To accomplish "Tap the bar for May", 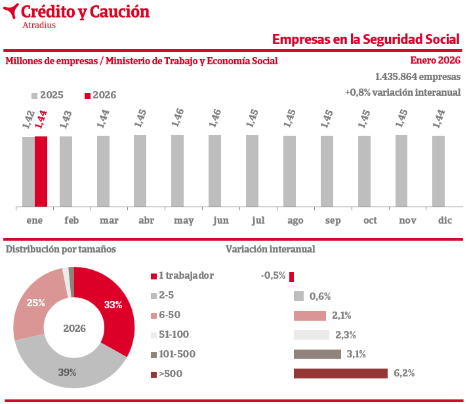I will (177, 171).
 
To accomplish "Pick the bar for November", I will (401, 171).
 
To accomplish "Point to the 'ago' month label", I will (295, 220).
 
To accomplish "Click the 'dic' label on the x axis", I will (445, 220).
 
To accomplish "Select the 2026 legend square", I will (88, 95).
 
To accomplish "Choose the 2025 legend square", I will (35, 95).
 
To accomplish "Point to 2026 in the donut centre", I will (75, 328).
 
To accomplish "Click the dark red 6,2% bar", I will (340, 374).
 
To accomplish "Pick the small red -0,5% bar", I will (291, 276).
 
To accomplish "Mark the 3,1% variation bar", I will (317, 354).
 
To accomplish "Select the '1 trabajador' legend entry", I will (186, 276).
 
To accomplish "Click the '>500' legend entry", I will (170, 374).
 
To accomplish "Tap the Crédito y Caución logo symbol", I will (11, 12).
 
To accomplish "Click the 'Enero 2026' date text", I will (436, 60).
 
